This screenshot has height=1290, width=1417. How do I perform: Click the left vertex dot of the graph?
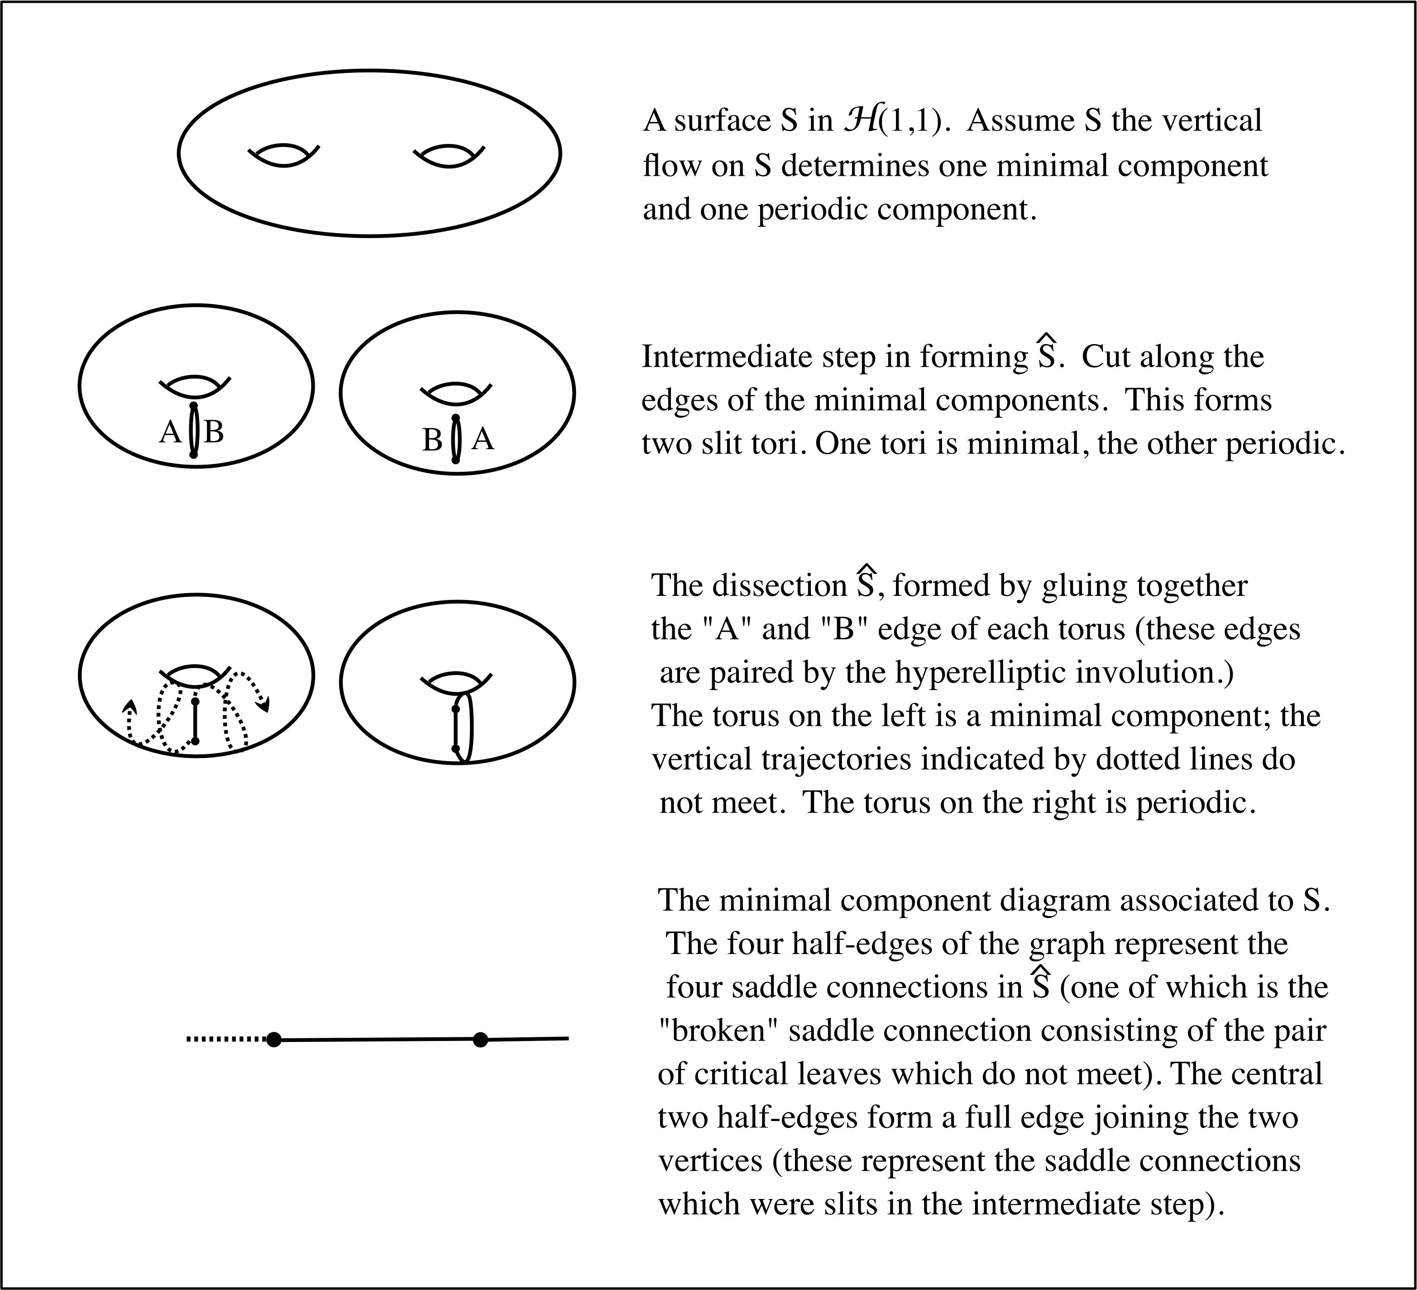click(274, 1039)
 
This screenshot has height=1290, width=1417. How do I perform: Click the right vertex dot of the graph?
click(480, 1039)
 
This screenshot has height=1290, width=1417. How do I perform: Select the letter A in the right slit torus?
click(484, 439)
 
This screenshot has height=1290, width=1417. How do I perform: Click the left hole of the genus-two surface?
click(284, 156)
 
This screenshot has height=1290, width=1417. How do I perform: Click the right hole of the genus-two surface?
click(449, 156)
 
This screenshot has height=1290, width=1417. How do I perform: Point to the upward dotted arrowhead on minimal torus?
click(130, 705)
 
